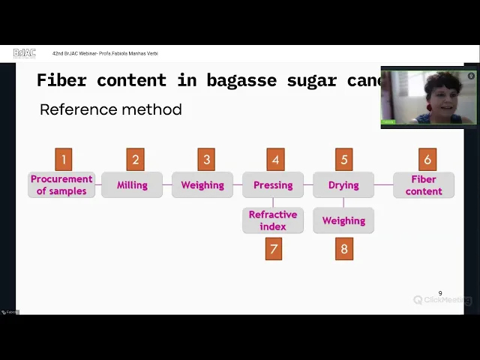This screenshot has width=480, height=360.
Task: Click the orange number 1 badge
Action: (x=64, y=159)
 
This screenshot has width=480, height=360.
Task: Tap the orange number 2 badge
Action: (x=136, y=159)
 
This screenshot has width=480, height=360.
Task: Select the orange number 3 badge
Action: (x=206, y=159)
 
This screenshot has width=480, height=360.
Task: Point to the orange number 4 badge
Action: (x=275, y=159)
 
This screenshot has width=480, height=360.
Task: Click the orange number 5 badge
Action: (x=344, y=159)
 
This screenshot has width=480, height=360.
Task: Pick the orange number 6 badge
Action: (x=427, y=159)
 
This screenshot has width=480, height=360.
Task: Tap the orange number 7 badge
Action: (x=274, y=249)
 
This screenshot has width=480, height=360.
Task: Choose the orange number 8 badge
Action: (x=344, y=249)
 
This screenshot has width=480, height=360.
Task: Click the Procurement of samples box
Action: (x=61, y=185)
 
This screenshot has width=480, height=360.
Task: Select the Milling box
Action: (x=132, y=185)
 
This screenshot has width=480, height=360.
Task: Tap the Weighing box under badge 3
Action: (x=202, y=185)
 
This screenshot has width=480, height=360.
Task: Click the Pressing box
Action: (x=273, y=185)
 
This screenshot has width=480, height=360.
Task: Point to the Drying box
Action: (x=343, y=185)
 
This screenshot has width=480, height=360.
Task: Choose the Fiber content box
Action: (x=424, y=185)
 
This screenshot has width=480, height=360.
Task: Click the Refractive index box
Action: (x=273, y=220)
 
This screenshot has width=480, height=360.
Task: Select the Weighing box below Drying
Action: (x=343, y=220)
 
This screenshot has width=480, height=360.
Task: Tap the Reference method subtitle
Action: (x=111, y=109)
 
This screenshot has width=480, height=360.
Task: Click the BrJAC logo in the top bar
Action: (x=25, y=53)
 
